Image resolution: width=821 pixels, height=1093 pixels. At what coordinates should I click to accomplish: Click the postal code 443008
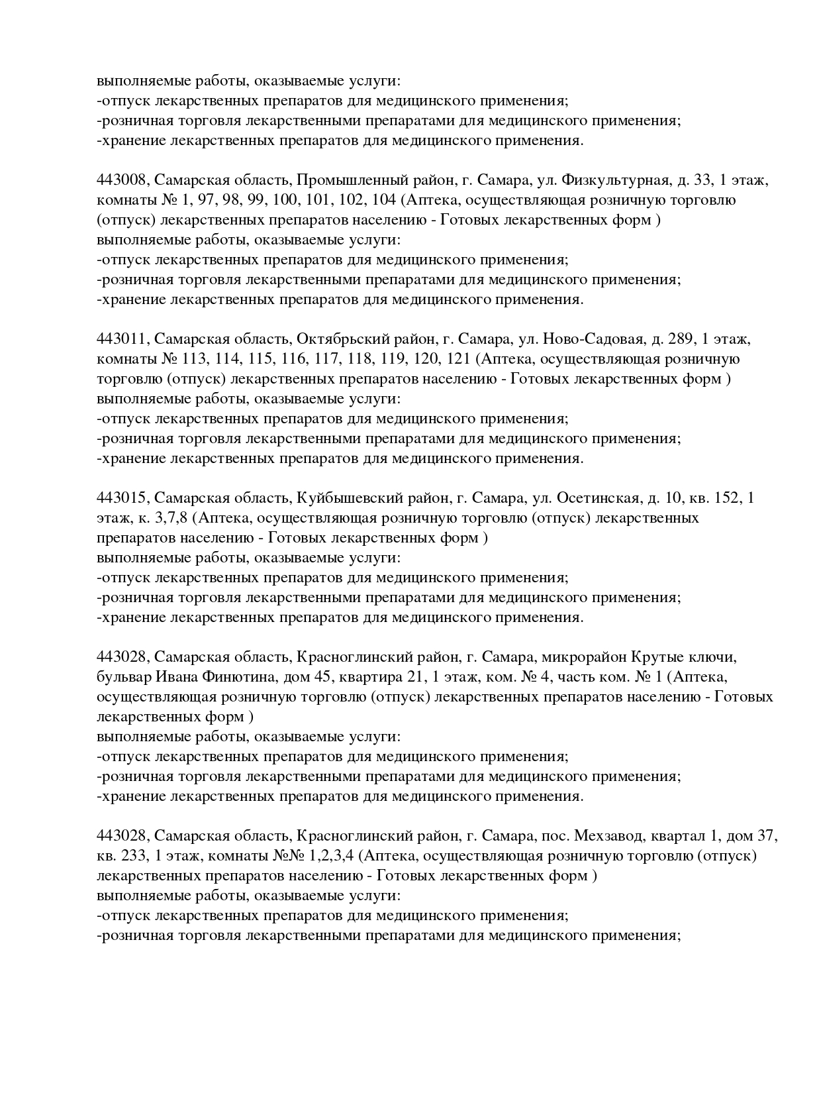tap(123, 180)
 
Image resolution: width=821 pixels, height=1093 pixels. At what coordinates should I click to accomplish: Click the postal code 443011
tap(123, 339)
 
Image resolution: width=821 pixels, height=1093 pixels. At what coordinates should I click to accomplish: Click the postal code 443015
tap(123, 498)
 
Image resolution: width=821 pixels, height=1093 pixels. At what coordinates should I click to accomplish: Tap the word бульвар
tap(123, 677)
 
